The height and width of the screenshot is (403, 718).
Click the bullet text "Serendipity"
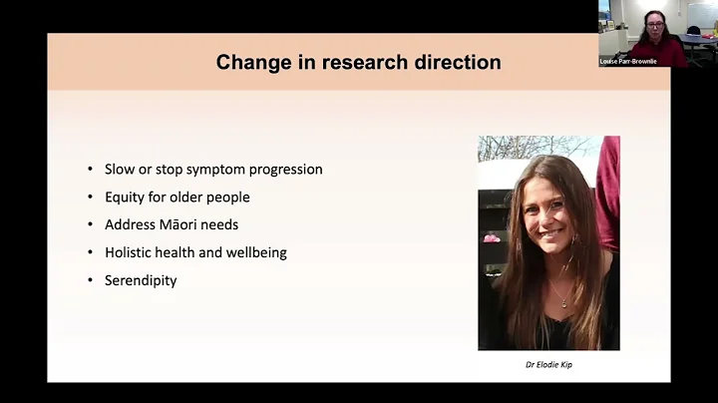click(x=141, y=280)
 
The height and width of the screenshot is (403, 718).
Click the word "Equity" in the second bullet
click(x=124, y=197)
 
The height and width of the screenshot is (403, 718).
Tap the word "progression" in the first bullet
click(x=285, y=169)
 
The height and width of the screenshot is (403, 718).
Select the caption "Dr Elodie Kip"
click(x=547, y=364)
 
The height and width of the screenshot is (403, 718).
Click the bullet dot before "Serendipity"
click(x=91, y=280)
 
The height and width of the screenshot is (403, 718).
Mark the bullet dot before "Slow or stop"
click(x=91, y=169)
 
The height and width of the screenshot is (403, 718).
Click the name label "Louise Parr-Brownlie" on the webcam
click(x=628, y=61)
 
